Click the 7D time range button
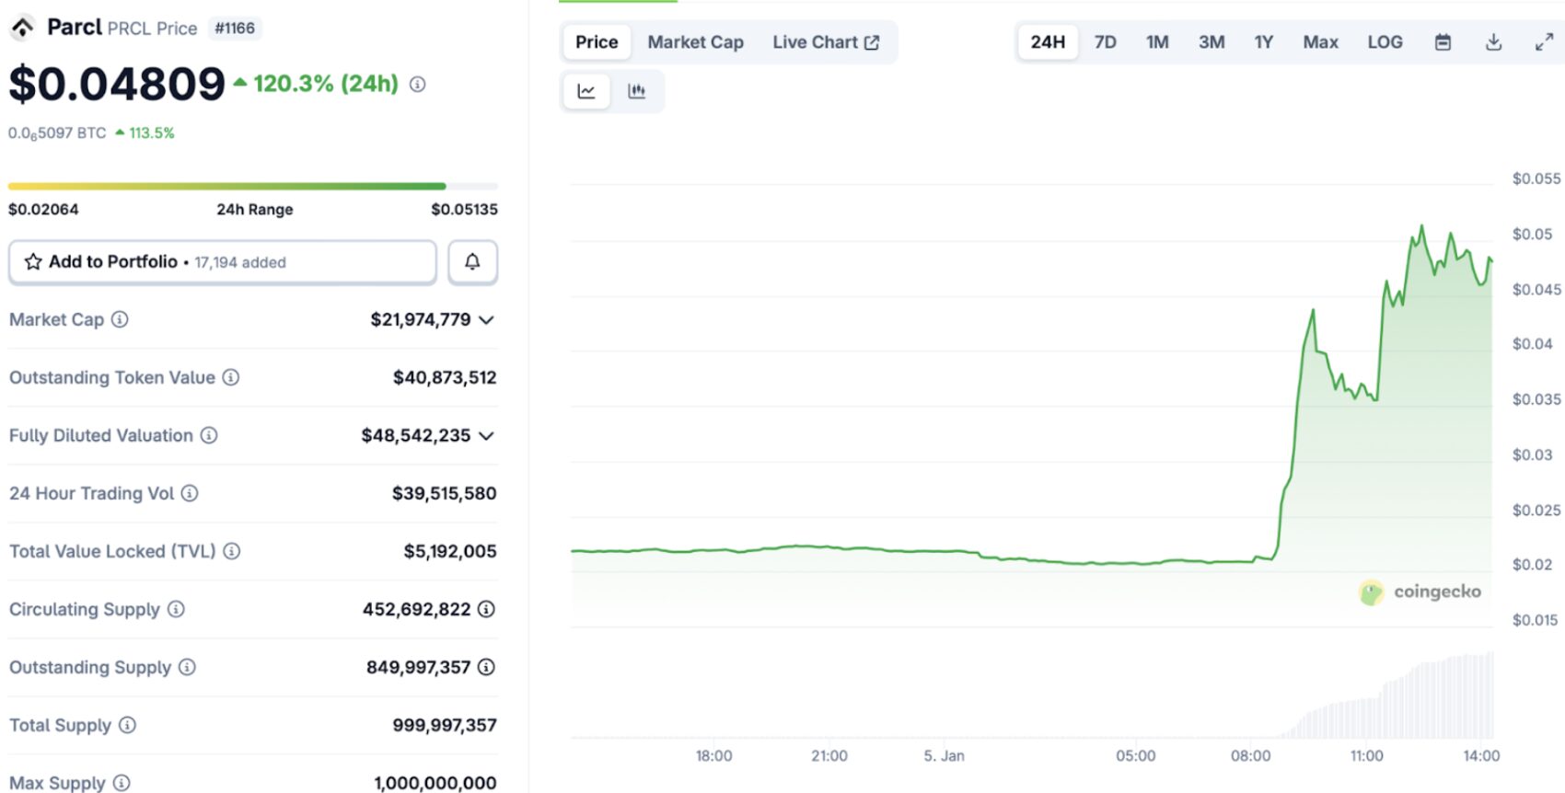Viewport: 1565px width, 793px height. point(1105,42)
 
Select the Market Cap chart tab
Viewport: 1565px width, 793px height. point(695,42)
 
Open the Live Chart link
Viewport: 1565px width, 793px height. point(826,42)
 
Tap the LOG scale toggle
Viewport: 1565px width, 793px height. point(1385,42)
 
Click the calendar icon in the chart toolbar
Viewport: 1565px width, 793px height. point(1443,42)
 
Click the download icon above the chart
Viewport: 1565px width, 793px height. point(1494,42)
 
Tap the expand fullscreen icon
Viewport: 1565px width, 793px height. point(1544,42)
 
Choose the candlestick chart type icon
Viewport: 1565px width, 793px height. point(636,91)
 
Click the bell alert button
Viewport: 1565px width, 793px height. point(472,262)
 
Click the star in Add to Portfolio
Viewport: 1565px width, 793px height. point(33,262)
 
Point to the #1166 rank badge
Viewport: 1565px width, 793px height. point(235,28)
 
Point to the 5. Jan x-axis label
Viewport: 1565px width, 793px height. point(944,756)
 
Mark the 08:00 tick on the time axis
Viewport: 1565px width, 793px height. point(1250,756)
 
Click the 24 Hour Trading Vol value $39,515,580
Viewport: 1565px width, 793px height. point(445,493)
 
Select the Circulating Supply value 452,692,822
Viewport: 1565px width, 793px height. point(416,609)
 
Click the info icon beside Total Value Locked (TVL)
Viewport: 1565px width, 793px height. point(232,551)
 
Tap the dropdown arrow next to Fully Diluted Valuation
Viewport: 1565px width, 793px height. point(487,436)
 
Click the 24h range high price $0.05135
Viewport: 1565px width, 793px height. point(465,210)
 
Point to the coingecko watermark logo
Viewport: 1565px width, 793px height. point(1371,592)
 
